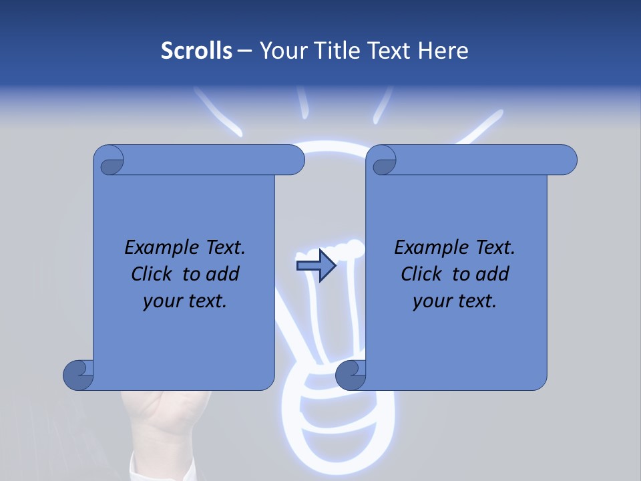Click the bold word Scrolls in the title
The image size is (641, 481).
point(196,51)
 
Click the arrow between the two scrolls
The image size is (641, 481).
point(316,266)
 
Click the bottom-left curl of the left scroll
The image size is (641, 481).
point(79,374)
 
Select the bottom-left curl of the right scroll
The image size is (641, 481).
point(351,374)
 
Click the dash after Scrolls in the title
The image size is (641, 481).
point(244,51)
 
